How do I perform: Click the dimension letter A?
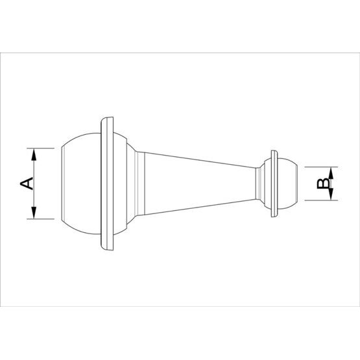(x=27, y=184)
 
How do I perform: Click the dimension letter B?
(x=323, y=184)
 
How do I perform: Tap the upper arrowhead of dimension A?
(x=34, y=154)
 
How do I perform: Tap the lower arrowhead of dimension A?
(x=34, y=213)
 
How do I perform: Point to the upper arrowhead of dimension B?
(x=331, y=173)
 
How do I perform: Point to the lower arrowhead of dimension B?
(x=331, y=194)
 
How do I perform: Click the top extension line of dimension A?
(x=40, y=148)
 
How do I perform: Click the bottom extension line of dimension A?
(x=40, y=219)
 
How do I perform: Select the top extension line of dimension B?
(x=321, y=167)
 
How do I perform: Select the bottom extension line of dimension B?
(x=321, y=200)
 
